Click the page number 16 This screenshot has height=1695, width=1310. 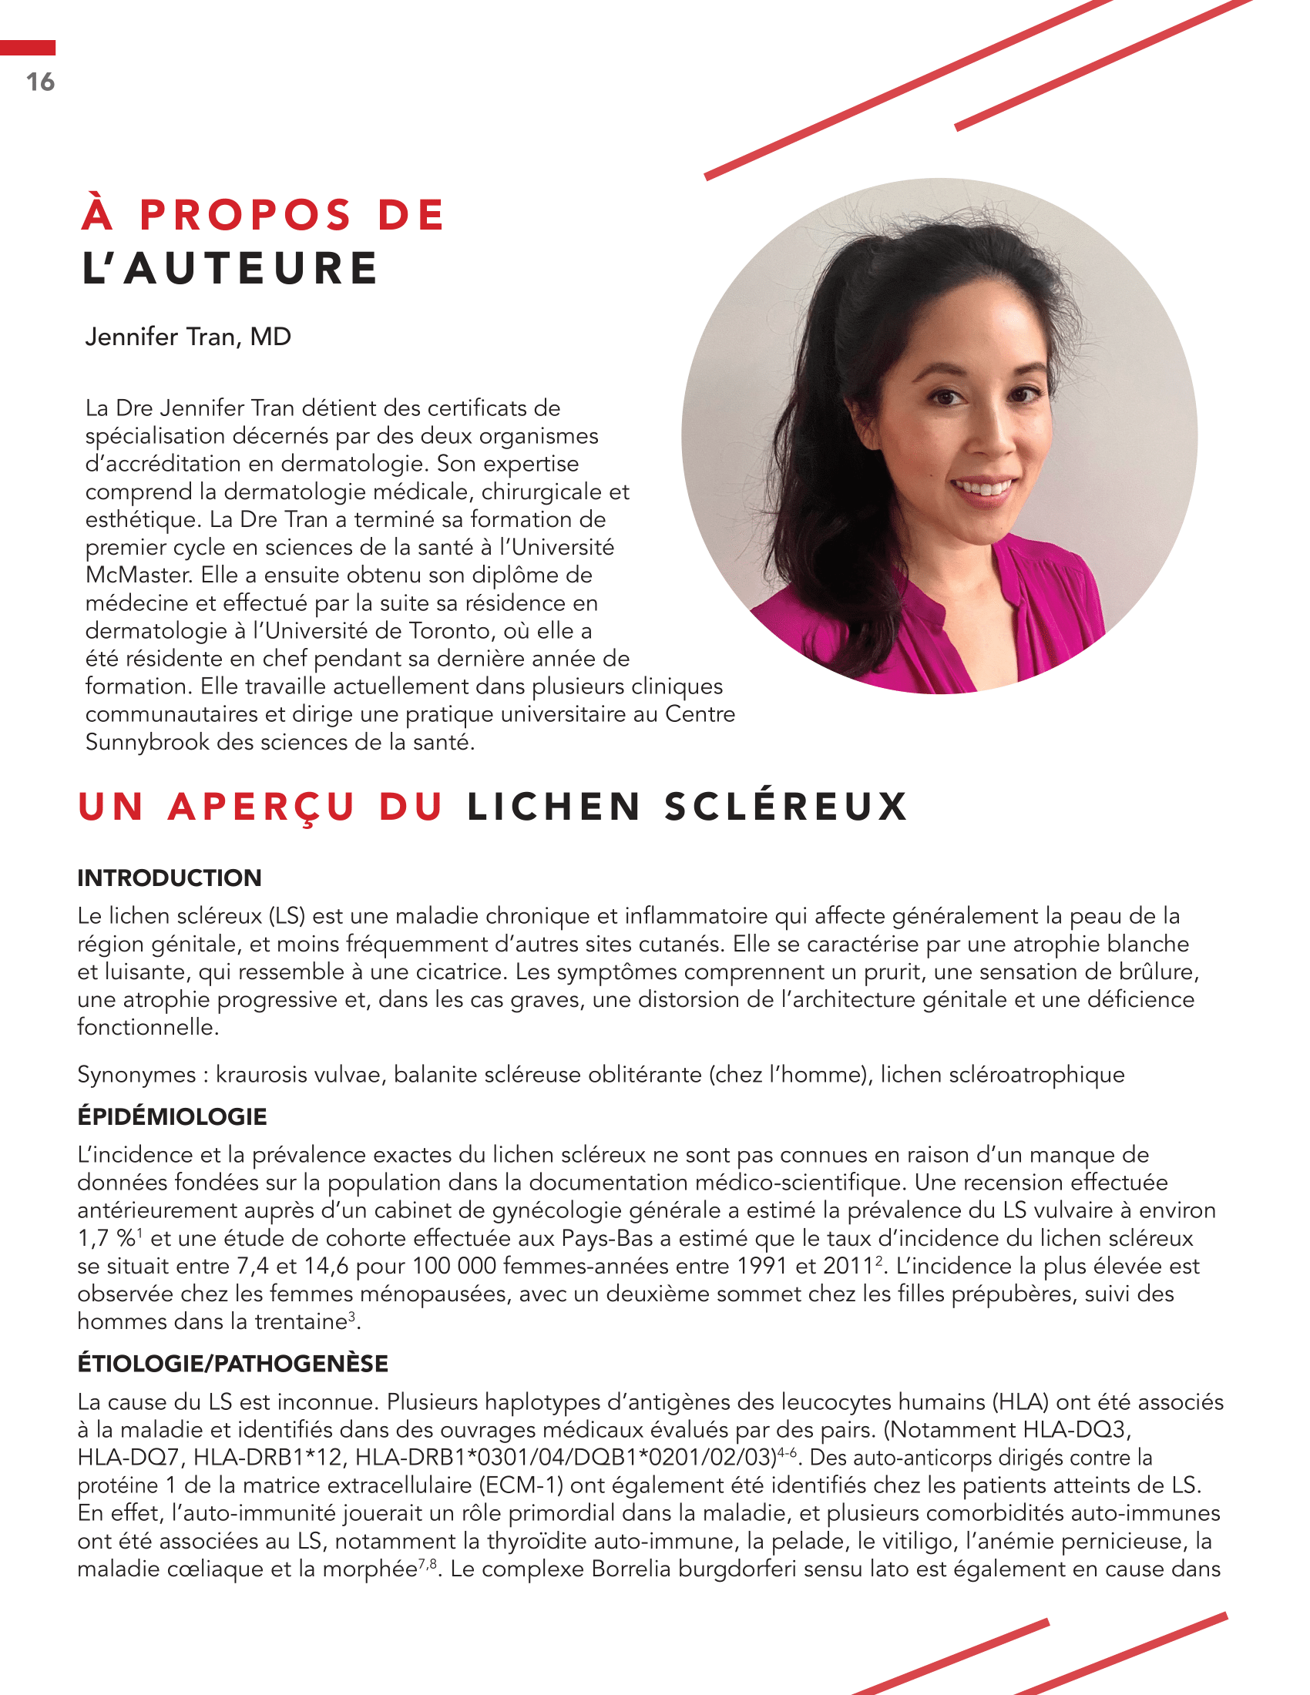(x=40, y=82)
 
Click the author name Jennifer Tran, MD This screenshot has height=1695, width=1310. (x=188, y=337)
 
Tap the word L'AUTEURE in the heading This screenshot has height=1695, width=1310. (x=230, y=269)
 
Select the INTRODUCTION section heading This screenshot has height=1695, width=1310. (x=170, y=878)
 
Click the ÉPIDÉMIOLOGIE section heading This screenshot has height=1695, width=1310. (x=172, y=1117)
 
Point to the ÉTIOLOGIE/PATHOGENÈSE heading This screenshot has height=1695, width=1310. (x=232, y=1364)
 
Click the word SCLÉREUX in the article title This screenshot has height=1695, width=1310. (x=785, y=807)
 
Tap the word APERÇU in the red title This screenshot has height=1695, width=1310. (x=261, y=807)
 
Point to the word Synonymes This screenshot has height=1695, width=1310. (x=136, y=1075)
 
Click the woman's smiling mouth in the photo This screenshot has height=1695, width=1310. (x=983, y=488)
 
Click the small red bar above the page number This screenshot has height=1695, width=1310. (x=27, y=48)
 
